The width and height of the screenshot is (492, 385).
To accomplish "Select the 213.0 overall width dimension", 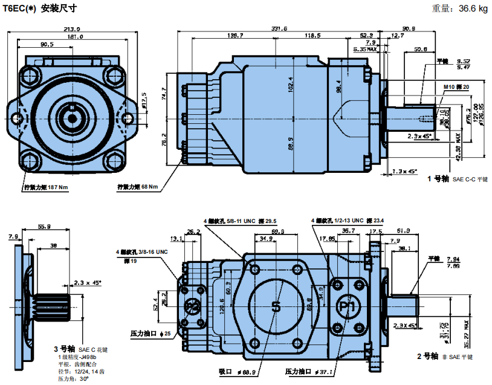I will [72, 28].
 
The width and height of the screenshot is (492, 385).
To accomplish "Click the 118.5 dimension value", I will [312, 36].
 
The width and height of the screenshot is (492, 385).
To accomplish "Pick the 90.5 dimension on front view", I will [47, 44].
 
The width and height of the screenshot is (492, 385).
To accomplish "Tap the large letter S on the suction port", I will [276, 306].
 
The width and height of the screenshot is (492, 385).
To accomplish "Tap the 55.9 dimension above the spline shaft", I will [44, 227].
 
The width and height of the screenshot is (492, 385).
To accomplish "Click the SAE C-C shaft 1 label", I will [456, 179].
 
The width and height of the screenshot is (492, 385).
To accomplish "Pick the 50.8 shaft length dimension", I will [421, 49].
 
